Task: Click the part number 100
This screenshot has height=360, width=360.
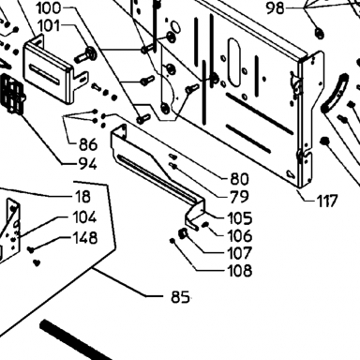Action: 49,7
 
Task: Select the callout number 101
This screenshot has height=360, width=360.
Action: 49,26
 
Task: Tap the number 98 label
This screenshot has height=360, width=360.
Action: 276,8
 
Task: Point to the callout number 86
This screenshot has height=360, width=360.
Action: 88,144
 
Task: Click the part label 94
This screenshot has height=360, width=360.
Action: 88,164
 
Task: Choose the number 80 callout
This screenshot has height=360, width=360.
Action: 240,179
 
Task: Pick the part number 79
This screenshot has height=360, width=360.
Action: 240,197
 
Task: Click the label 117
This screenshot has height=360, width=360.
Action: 327,201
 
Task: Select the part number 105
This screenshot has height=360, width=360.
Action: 240,218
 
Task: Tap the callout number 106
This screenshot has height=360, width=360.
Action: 240,235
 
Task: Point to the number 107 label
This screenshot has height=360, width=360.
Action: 240,253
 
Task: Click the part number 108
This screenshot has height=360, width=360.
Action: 240,270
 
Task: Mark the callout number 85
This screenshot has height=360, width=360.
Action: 180,297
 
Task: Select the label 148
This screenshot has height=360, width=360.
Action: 85,238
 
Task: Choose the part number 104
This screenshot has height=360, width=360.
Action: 84,217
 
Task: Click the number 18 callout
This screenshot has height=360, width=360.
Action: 82,197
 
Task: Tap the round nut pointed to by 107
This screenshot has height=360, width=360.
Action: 183,232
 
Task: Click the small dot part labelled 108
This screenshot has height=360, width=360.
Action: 172,241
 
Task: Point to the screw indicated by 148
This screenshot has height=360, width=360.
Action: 31,249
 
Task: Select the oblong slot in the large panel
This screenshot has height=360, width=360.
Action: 235,62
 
